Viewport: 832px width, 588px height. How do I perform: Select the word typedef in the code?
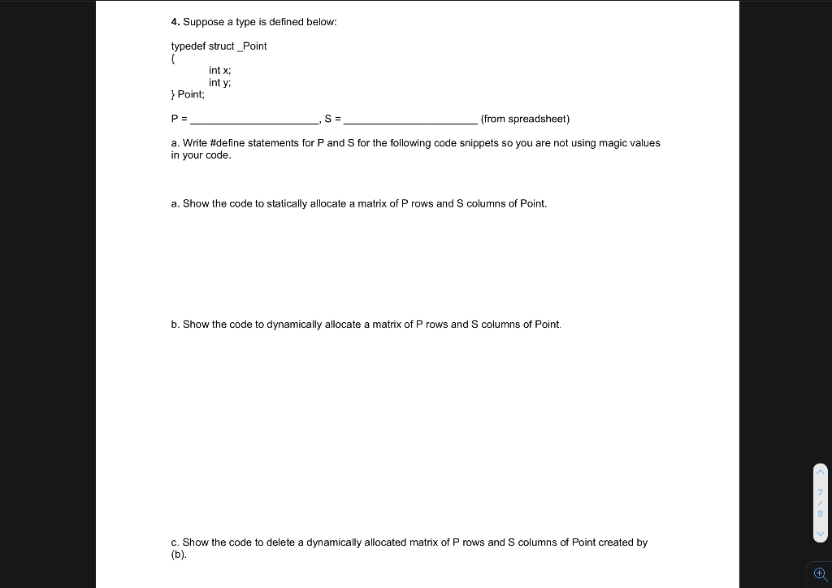click(188, 46)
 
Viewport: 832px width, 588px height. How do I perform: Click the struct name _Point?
click(252, 46)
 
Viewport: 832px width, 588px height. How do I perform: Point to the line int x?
click(219, 71)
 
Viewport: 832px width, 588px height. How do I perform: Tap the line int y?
click(219, 83)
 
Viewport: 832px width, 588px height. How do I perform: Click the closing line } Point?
click(188, 95)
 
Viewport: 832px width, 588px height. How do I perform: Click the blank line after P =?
click(254, 120)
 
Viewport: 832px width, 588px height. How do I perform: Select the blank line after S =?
click(410, 120)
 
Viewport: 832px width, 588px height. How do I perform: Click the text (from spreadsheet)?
click(525, 120)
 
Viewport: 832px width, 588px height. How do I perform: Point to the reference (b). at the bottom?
click(179, 555)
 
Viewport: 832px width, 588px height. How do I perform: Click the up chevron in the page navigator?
click(820, 472)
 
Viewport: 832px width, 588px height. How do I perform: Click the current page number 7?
click(820, 492)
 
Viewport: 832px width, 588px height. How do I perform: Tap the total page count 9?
click(820, 513)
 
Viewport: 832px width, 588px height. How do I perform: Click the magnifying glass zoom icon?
click(819, 573)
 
